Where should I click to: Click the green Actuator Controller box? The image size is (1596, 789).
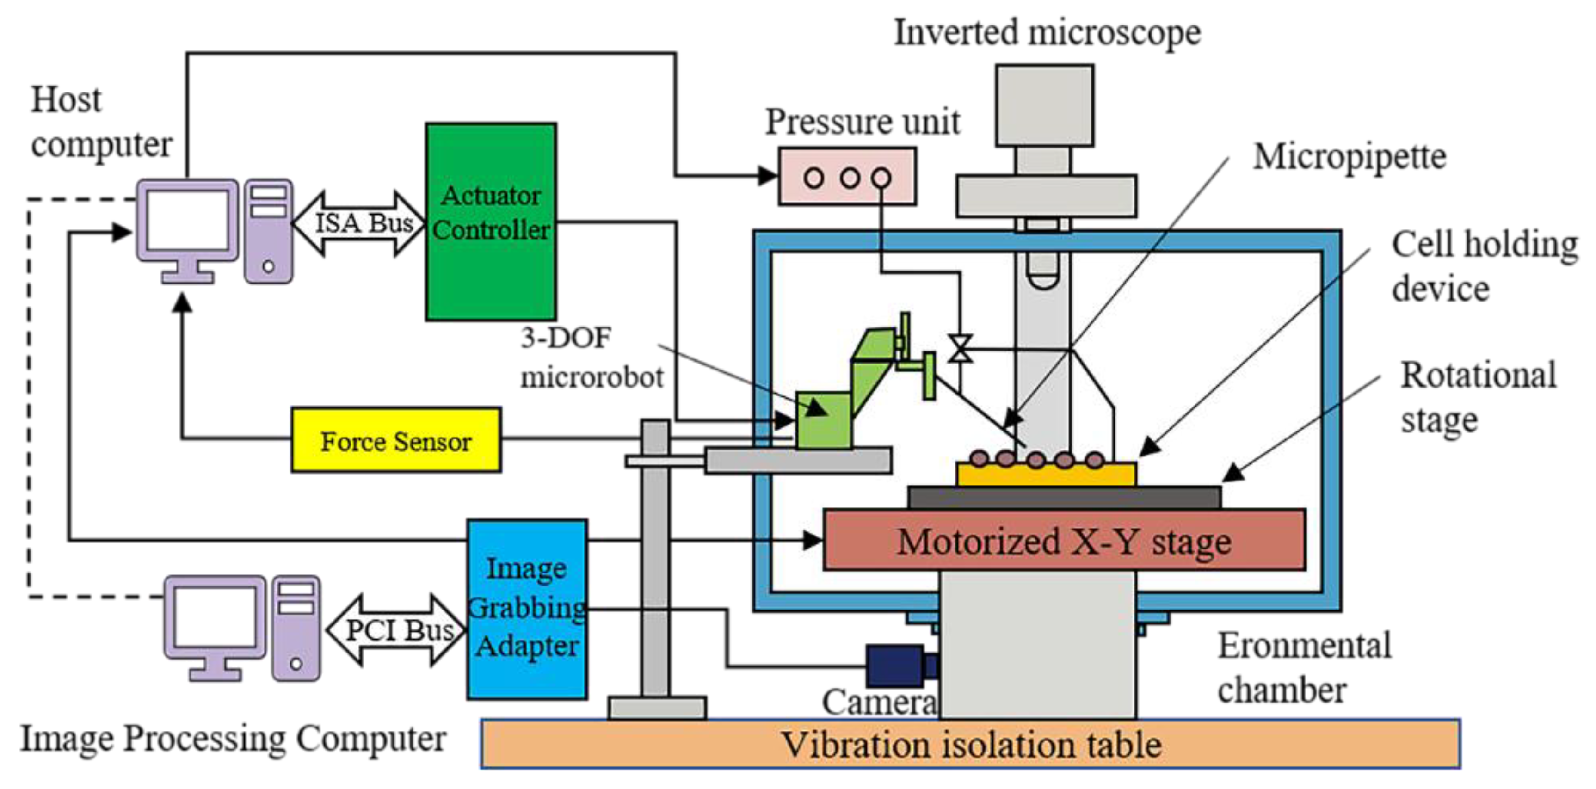point(491,221)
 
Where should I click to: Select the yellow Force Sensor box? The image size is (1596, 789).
point(396,439)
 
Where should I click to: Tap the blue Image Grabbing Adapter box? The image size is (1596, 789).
point(527,609)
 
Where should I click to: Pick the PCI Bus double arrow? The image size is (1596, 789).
point(396,630)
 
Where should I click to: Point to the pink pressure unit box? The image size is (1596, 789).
point(847,176)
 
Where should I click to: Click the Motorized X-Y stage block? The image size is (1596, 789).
point(1064,540)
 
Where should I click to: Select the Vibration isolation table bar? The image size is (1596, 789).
point(970,744)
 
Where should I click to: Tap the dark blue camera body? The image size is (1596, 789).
point(896,666)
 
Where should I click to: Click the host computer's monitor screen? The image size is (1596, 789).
point(187,220)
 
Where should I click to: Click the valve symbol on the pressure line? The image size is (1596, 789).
point(960,348)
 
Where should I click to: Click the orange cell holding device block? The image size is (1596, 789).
point(1046,474)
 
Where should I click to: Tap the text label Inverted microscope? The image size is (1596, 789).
point(1047,32)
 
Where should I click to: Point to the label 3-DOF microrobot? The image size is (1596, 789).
point(592,358)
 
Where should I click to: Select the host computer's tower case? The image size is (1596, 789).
point(268,231)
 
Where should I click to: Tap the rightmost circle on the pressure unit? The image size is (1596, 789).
point(881,179)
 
